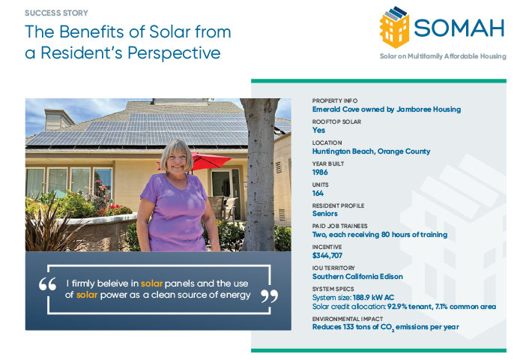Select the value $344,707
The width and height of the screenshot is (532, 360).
328,255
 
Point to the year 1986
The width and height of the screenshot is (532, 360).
320,172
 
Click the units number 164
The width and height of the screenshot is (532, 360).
318,193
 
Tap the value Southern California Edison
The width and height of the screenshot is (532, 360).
357,276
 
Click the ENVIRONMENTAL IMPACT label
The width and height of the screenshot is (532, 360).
348,319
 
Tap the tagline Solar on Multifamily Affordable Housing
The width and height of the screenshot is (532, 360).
443,56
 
